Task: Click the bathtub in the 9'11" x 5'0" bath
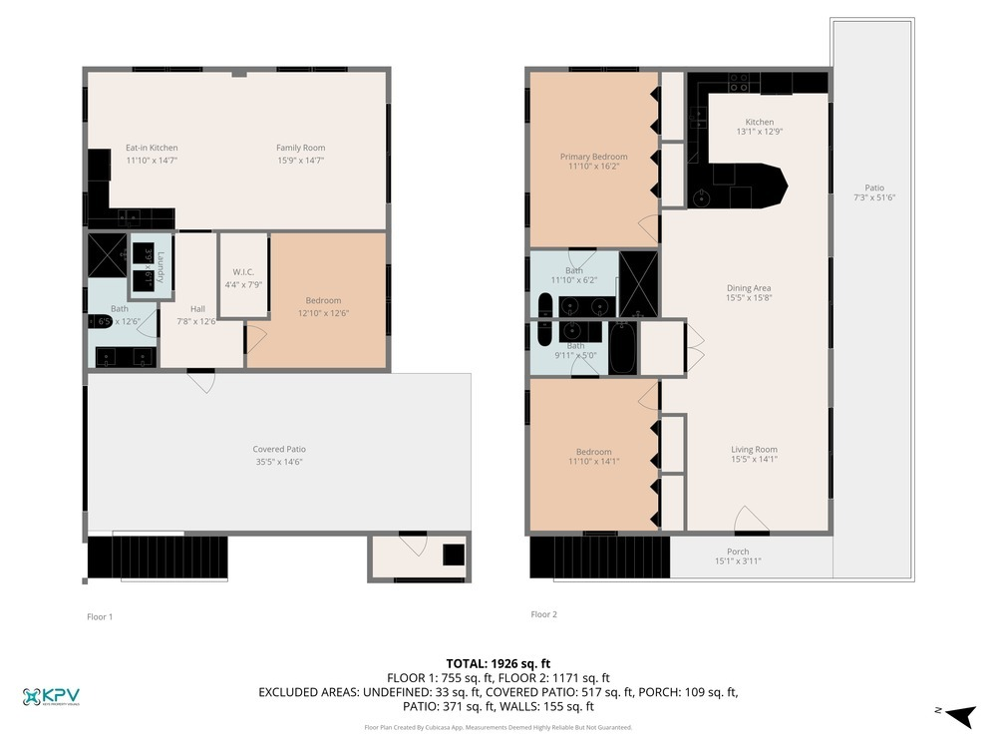coord(620,348)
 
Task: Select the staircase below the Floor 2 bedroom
coord(598,557)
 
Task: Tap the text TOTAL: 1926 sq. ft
coord(498,663)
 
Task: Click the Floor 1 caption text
coord(100,617)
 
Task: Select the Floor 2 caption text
coord(544,614)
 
